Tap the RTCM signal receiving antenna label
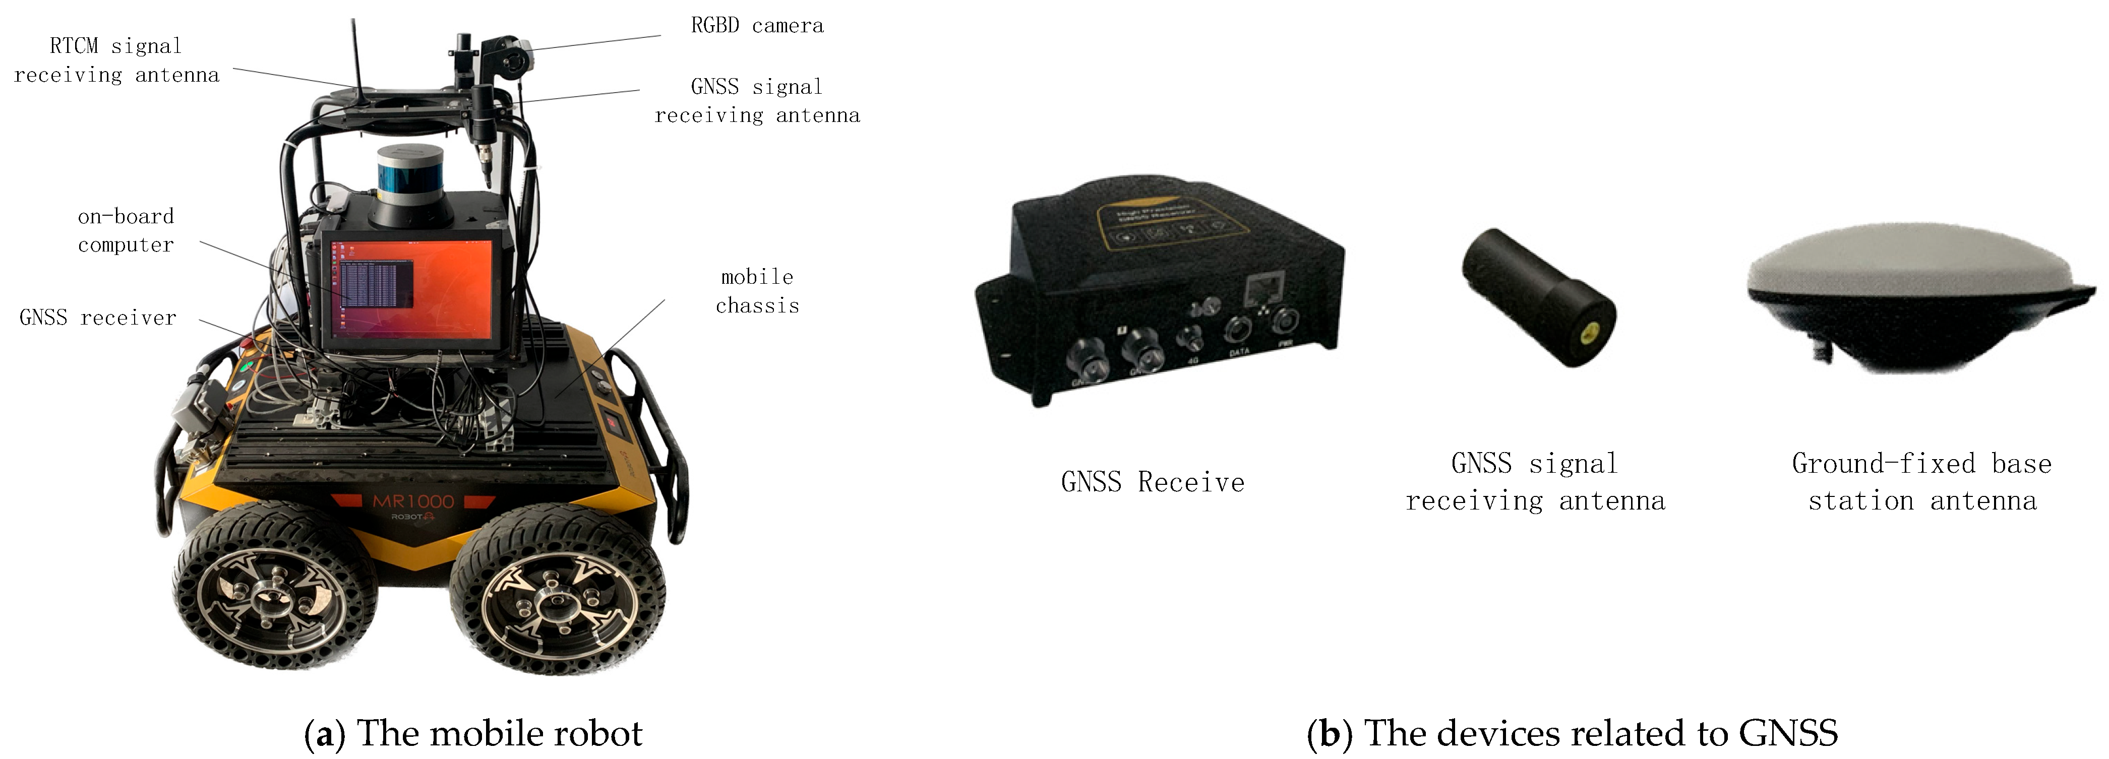pos(116,60)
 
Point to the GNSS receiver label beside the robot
pos(97,318)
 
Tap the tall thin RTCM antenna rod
pos(356,57)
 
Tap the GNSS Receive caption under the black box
pos(1152,482)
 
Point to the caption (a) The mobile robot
pos(473,733)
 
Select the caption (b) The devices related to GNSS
pos(1572,733)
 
